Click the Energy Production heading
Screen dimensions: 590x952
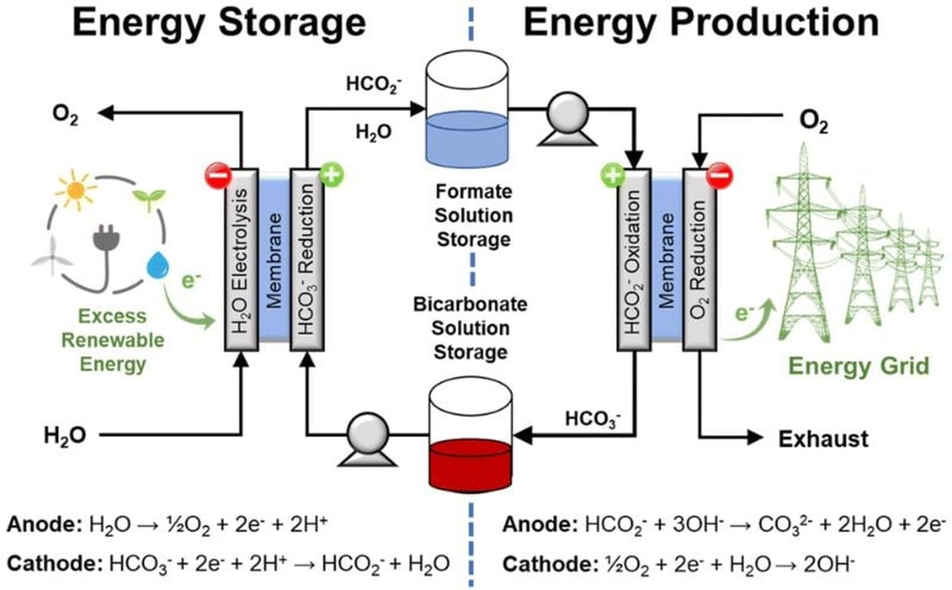tap(701, 23)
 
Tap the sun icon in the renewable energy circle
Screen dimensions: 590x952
tap(76, 188)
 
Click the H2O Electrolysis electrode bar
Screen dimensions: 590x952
tap(239, 258)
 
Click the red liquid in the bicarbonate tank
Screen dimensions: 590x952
tap(469, 466)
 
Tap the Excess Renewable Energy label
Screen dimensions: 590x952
tap(113, 340)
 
